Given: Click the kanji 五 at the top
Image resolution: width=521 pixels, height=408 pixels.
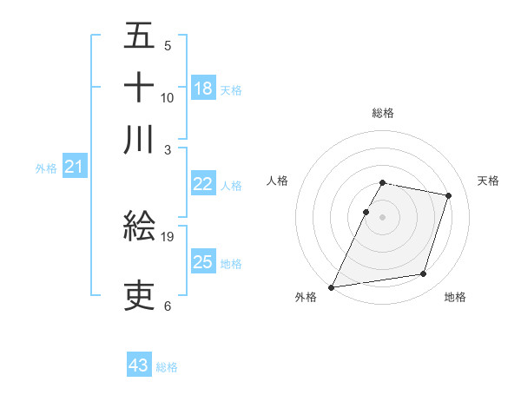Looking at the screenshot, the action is (x=139, y=36).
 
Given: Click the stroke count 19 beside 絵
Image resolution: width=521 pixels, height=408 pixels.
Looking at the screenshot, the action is (x=168, y=236).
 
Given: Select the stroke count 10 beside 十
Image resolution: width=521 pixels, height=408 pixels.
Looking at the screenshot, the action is (x=168, y=97).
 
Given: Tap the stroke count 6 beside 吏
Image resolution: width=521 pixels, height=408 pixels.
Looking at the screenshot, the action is (x=168, y=306).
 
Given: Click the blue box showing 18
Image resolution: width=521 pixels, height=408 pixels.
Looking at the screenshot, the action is (x=203, y=88).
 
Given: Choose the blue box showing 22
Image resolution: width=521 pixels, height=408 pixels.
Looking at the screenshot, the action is (x=203, y=184).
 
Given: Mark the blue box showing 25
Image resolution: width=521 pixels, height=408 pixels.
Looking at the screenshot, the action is (x=203, y=262).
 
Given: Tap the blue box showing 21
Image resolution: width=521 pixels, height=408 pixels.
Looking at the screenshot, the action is (x=73, y=167).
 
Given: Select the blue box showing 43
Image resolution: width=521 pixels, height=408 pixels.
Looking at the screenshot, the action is (x=139, y=365).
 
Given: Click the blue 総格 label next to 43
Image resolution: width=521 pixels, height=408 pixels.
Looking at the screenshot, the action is (x=167, y=367).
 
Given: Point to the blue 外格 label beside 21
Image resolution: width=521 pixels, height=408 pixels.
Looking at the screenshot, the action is (x=46, y=168).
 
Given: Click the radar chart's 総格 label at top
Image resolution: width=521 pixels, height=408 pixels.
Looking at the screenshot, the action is (x=383, y=113).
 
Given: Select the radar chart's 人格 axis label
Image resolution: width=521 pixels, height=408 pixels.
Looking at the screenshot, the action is (x=278, y=181).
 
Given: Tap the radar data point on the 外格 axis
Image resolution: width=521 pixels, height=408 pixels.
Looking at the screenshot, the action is (x=332, y=286).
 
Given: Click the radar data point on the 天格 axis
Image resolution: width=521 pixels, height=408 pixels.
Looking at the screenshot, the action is (x=448, y=195).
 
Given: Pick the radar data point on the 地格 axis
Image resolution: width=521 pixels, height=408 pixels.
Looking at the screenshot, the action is (x=424, y=274).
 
